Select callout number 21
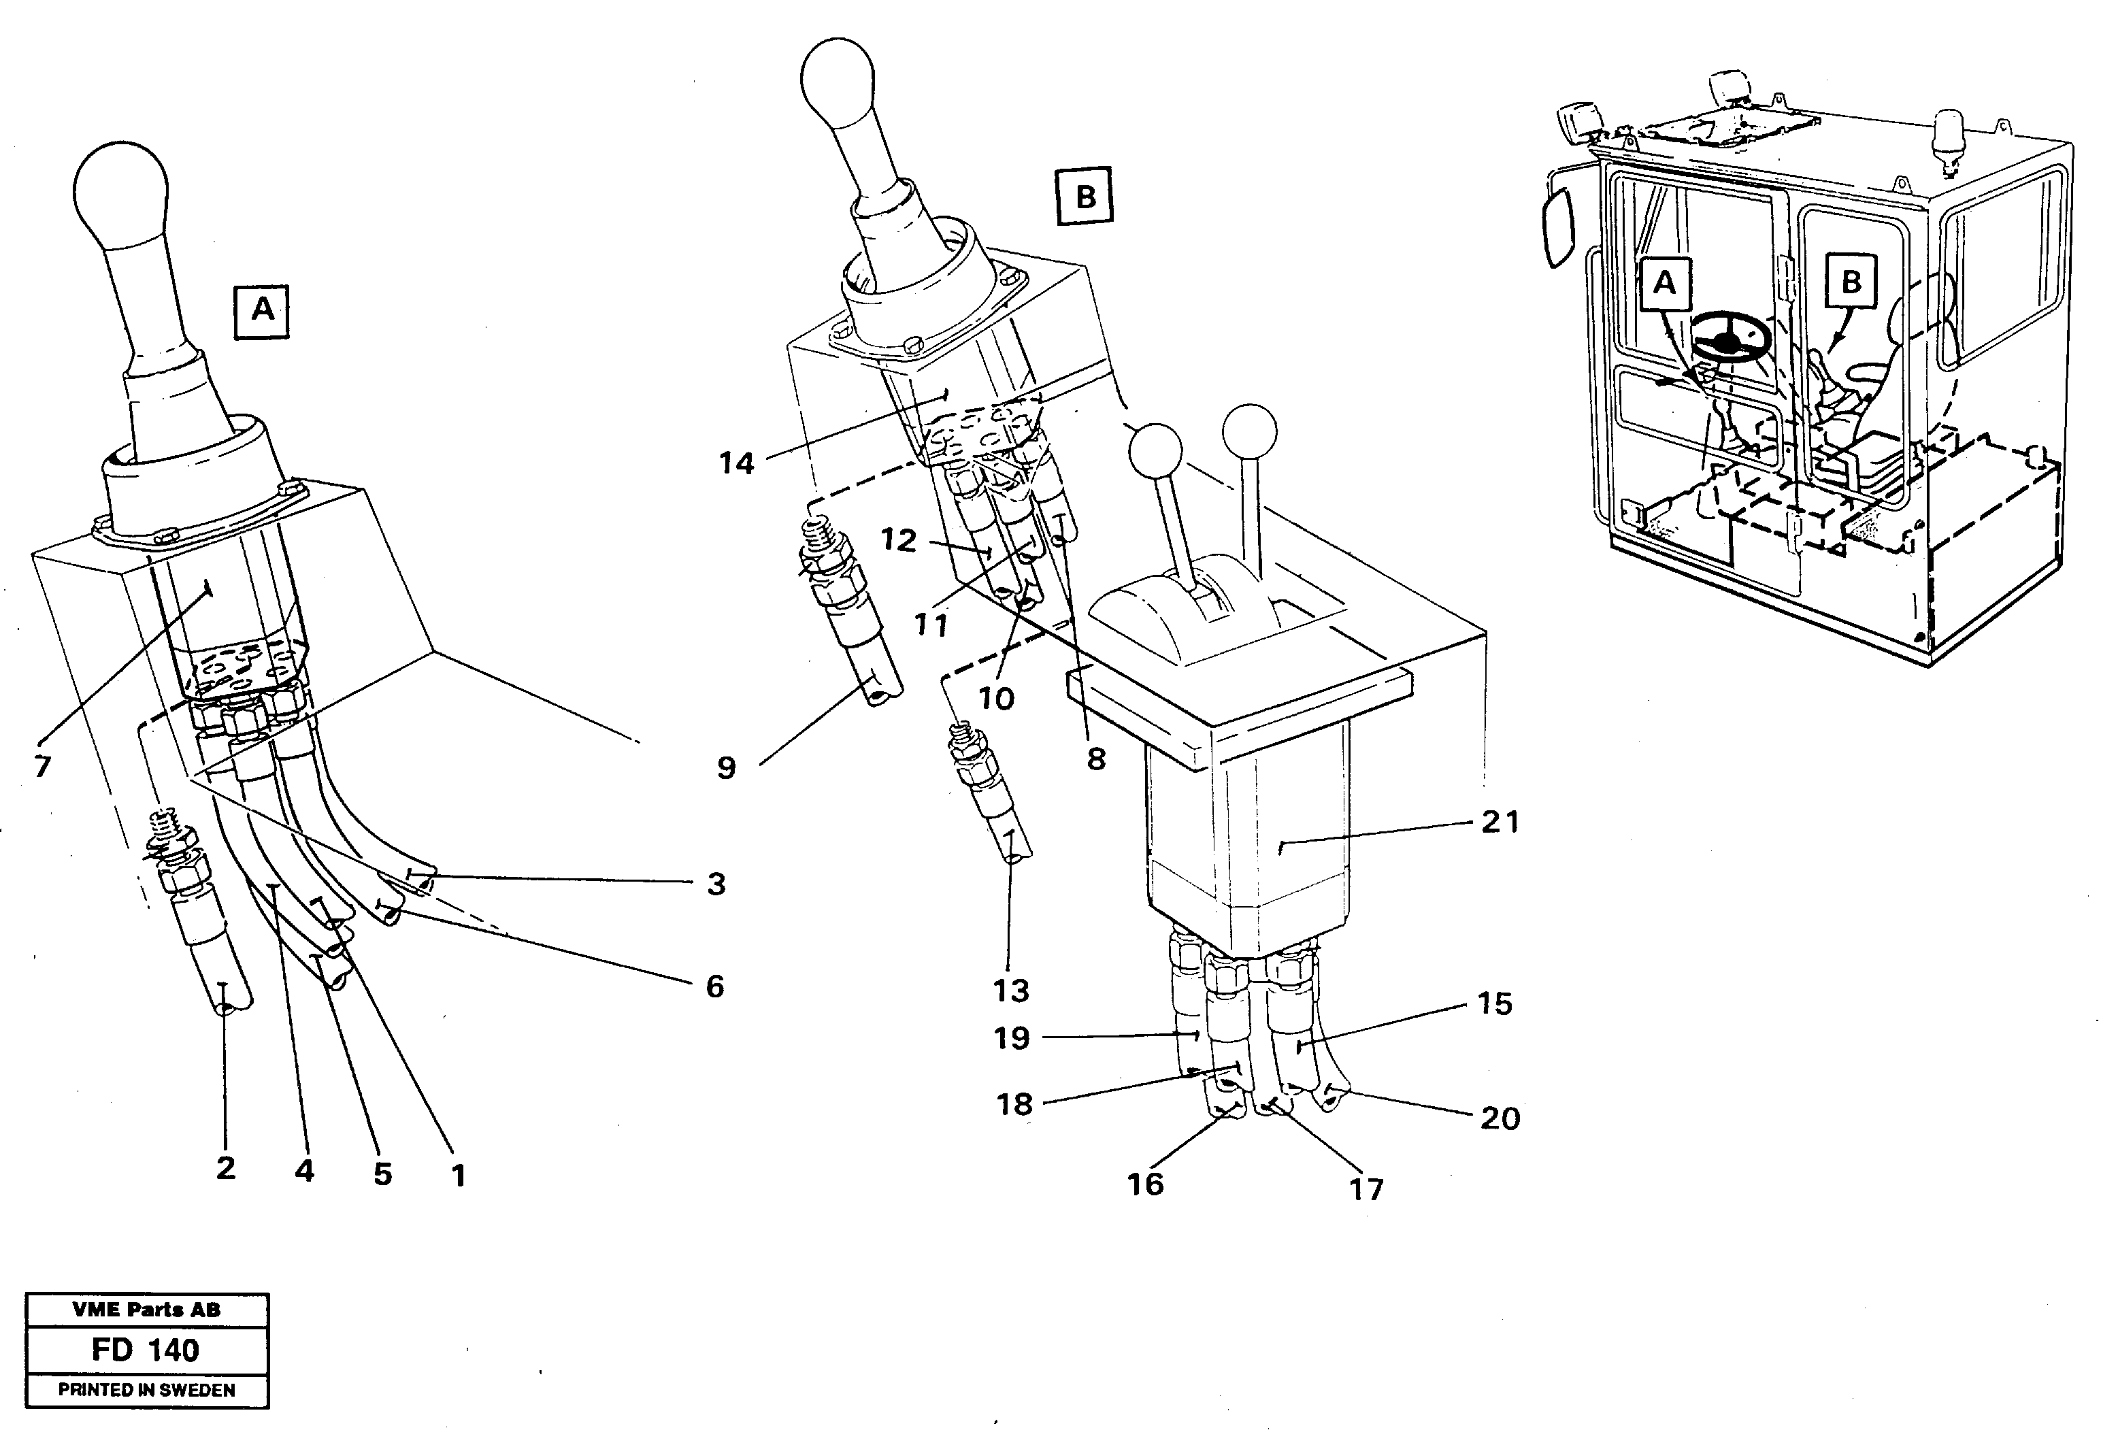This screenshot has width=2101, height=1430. pos(1500,822)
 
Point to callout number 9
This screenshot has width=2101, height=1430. pos(726,768)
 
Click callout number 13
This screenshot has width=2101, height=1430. pos(1011,991)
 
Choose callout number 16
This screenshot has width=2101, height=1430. pos(1146,1183)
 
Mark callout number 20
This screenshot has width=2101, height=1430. pos(1500,1118)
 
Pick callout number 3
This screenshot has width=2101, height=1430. pos(716,883)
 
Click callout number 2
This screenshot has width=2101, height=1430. pos(225,1168)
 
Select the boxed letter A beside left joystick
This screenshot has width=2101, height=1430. pos(262,311)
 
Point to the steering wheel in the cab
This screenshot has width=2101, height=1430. pos(1730,342)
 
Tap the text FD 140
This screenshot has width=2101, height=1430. pos(146,1350)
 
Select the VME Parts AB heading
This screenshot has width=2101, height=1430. pos(146,1310)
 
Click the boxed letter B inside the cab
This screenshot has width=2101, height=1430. pos(1851,282)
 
